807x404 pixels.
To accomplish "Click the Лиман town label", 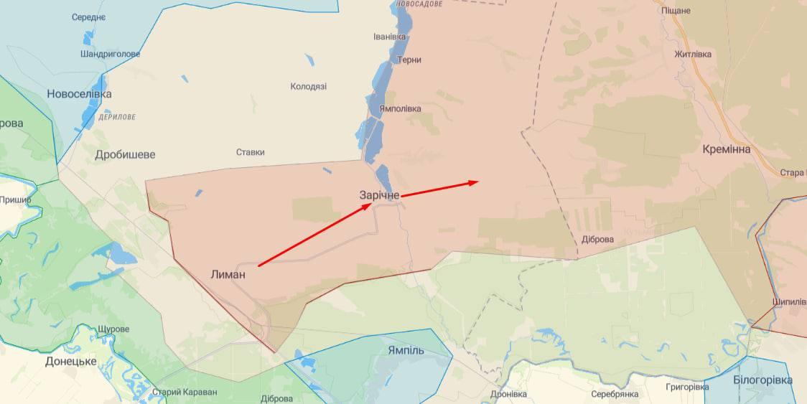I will [228, 273].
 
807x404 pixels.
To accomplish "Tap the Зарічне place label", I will [379, 194].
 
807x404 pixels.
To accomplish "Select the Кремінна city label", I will [727, 149].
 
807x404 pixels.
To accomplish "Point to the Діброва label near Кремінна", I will [597, 239].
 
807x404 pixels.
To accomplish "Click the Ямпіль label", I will [406, 351].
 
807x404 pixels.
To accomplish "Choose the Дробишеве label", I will [125, 154].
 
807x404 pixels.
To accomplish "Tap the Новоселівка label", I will [79, 94].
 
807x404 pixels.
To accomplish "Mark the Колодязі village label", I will [308, 86].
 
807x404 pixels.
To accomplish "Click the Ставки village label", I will [250, 152].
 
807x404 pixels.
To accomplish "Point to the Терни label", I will [409, 60].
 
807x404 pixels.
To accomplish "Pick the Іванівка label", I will [390, 37].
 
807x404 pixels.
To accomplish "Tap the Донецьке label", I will [70, 361].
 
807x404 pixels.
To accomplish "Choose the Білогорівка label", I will [762, 380].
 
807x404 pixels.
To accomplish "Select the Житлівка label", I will [693, 55].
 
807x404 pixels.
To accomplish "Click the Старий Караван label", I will [184, 392].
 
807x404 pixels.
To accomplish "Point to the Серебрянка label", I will [615, 394].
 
